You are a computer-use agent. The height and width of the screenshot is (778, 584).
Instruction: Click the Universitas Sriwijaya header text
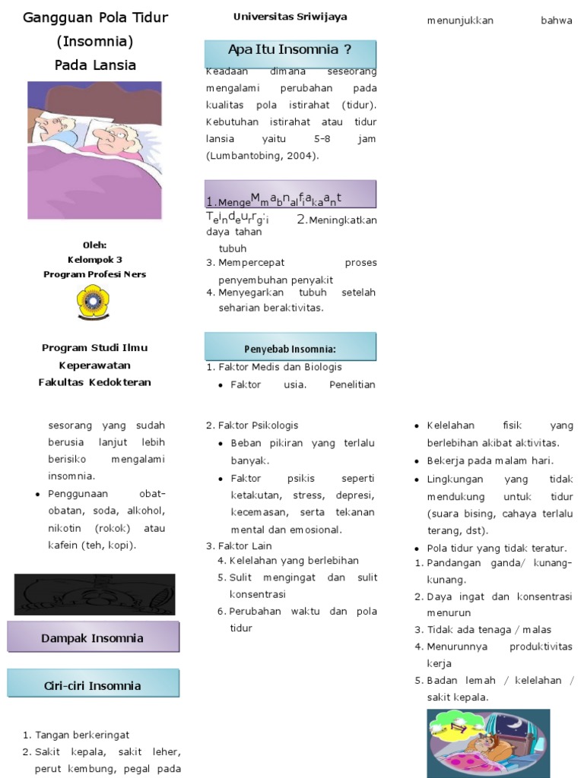(290, 17)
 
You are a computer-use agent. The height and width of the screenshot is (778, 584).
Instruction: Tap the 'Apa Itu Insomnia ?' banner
(290, 50)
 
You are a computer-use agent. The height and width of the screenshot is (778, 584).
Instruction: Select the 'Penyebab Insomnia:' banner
(290, 349)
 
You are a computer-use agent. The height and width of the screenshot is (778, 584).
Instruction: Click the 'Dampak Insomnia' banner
(93, 638)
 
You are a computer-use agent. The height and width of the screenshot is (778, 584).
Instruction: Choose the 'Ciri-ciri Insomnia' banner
(93, 685)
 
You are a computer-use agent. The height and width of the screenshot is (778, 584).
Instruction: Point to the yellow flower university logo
(94, 303)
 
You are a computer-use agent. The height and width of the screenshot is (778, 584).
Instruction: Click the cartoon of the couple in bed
(94, 150)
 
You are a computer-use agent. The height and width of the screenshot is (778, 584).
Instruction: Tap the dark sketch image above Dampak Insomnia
(94, 594)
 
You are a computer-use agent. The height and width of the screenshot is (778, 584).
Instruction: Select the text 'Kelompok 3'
(94, 259)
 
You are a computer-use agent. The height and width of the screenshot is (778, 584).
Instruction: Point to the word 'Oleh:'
(94, 245)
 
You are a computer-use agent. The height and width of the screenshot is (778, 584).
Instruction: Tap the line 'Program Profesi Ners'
(94, 274)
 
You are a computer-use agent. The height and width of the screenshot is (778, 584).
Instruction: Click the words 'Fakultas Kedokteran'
(94, 382)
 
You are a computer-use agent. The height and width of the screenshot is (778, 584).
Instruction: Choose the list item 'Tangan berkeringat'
(82, 735)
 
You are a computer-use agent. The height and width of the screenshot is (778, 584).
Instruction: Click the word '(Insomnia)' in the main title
(95, 41)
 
